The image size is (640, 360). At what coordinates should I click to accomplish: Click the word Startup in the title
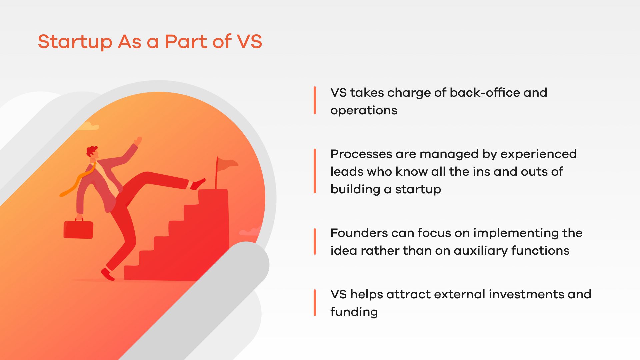tap(75, 42)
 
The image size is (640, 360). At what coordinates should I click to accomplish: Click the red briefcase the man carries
tap(78, 228)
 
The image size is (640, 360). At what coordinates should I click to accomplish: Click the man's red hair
tap(91, 150)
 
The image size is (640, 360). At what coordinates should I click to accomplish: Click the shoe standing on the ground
tap(108, 274)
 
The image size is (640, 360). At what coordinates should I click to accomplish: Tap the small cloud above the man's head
tap(89, 126)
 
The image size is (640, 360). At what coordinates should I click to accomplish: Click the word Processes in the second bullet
tap(361, 154)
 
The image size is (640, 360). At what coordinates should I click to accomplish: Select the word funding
tap(354, 312)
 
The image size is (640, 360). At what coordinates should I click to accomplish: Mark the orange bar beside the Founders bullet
tap(315, 242)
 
